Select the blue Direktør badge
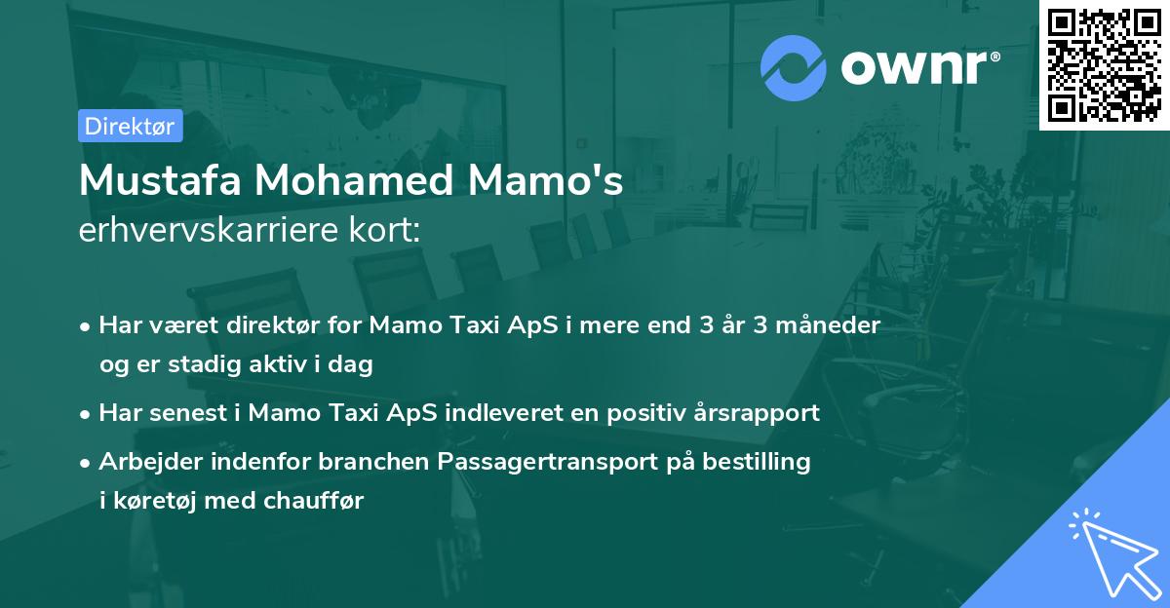click(130, 126)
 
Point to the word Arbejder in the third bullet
click(147, 461)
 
